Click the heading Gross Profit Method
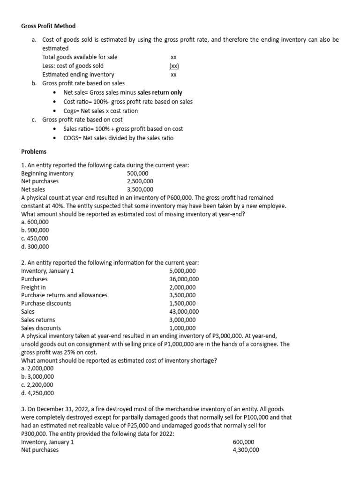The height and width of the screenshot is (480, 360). point(48,26)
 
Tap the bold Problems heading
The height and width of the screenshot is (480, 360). point(34,151)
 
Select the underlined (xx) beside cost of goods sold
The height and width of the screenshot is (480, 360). point(174,66)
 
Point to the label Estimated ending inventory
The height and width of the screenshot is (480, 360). point(78,75)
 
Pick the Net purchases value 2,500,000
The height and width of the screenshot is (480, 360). point(140,181)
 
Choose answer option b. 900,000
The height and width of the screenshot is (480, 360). point(35,230)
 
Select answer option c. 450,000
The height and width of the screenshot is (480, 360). point(35,238)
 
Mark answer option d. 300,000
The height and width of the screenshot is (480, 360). point(35,246)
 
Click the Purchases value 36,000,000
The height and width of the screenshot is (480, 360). point(184,279)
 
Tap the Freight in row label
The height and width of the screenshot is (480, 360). point(34,287)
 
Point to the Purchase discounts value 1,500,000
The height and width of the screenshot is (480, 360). point(182,303)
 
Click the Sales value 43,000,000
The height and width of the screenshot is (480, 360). point(184,311)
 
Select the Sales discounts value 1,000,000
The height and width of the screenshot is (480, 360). point(182,328)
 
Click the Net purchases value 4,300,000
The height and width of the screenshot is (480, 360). point(246,450)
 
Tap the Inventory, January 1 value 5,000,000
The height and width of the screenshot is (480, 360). point(182,271)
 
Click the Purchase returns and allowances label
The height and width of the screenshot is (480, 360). point(64,295)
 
